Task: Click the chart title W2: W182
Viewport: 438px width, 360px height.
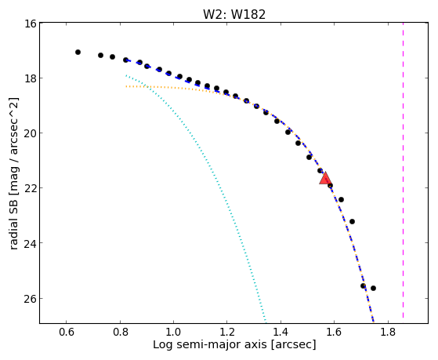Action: pyautogui.click(x=234, y=14)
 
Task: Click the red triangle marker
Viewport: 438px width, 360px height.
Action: pyautogui.click(x=325, y=179)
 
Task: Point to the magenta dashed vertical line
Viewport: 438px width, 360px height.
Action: pyautogui.click(x=403, y=170)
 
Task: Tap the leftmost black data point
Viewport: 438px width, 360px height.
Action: pyautogui.click(x=78, y=52)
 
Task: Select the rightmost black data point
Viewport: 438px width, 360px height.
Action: pyautogui.click(x=373, y=288)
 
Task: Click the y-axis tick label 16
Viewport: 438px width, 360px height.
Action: pyautogui.click(x=31, y=24)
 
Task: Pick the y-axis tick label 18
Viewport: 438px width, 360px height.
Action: pyautogui.click(x=31, y=78)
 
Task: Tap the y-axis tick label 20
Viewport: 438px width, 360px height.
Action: pyautogui.click(x=31, y=133)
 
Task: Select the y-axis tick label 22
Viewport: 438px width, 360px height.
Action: pyautogui.click(x=31, y=188)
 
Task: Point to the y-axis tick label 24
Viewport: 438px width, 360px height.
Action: pyautogui.click(x=31, y=243)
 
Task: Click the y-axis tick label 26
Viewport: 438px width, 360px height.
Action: pyautogui.click(x=31, y=299)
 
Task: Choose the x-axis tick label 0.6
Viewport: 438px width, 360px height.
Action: pyautogui.click(x=66, y=333)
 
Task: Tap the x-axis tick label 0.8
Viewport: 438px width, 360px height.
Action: pyautogui.click(x=120, y=333)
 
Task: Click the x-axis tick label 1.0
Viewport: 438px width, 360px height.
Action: pyautogui.click(x=173, y=333)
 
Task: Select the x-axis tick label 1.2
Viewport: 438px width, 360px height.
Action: pyautogui.click(x=227, y=333)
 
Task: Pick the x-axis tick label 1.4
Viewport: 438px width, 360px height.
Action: pyautogui.click(x=281, y=333)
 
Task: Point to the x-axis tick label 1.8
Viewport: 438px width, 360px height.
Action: pyautogui.click(x=388, y=333)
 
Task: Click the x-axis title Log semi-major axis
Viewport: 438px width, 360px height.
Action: pyautogui.click(x=210, y=345)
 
